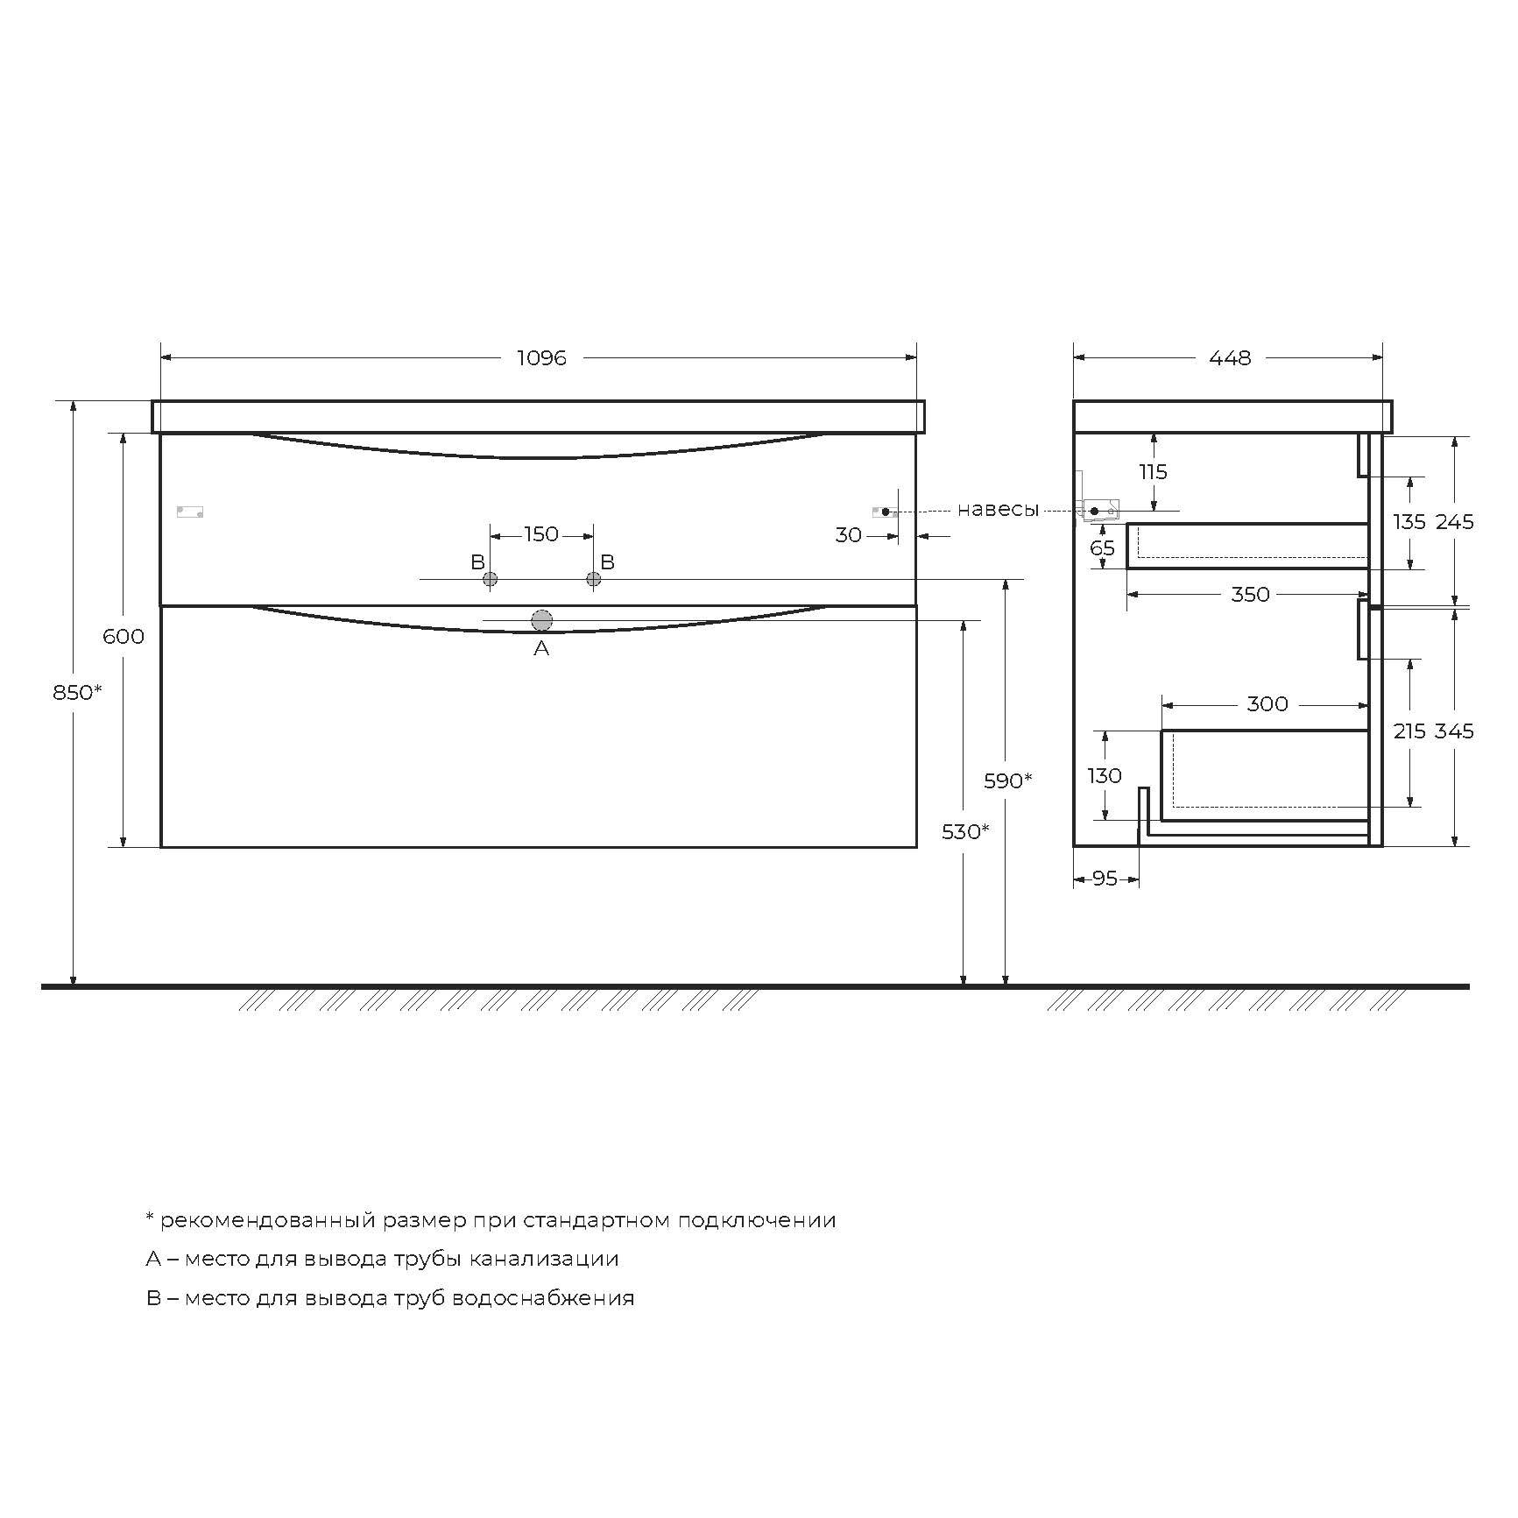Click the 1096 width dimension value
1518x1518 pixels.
point(541,357)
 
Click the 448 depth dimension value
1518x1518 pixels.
point(1230,357)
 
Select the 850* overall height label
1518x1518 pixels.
point(77,692)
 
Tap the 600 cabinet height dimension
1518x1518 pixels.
point(124,636)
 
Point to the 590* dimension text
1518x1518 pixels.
point(1007,780)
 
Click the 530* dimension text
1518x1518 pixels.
point(965,831)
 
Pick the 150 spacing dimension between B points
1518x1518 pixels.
point(541,534)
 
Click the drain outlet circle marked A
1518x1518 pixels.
point(541,620)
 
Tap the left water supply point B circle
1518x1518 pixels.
point(491,578)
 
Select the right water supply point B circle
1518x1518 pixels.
point(594,578)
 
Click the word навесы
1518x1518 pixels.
point(998,510)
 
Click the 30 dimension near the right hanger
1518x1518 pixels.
point(848,535)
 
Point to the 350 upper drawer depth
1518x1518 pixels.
point(1250,594)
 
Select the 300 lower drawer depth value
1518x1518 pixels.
point(1267,703)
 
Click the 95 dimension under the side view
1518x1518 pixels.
point(1105,878)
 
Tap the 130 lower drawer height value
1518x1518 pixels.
point(1105,775)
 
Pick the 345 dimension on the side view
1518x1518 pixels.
point(1454,731)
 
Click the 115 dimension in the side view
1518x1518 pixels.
point(1153,472)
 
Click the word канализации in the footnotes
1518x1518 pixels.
point(544,1259)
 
